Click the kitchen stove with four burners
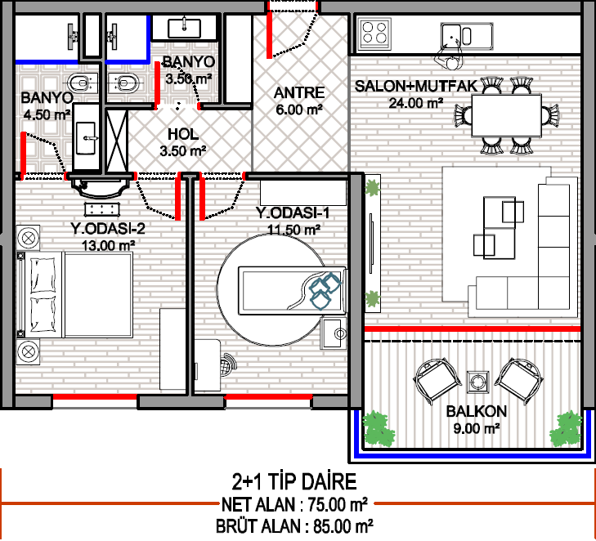374,34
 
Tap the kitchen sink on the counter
467,36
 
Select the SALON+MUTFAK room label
415,87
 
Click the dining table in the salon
506,115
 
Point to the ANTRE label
299,92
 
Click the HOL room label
183,134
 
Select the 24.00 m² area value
415,103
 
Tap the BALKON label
477,411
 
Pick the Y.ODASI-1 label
293,212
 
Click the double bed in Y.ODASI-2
75,295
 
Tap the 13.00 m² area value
109,245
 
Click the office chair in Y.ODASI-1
227,364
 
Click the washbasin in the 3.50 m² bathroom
184,28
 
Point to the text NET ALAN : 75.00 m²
294,504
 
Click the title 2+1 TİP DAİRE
294,481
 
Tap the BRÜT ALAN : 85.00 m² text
294,526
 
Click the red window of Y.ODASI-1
268,397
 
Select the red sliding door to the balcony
473,329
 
